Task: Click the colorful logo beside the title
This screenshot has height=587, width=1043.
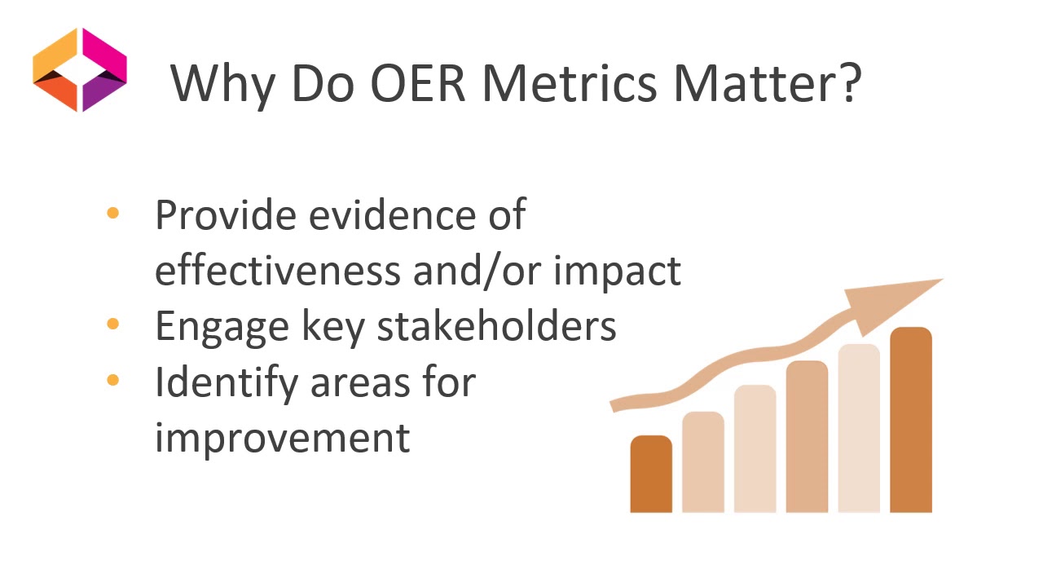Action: pos(80,69)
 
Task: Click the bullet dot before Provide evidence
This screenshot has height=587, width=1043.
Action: pos(112,214)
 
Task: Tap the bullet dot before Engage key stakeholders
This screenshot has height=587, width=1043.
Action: pos(112,324)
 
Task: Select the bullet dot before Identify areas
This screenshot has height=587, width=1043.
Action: pos(112,380)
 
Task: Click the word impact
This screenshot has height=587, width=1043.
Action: pos(617,271)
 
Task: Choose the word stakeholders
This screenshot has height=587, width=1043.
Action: pos(496,325)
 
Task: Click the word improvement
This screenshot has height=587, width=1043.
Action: pos(282,438)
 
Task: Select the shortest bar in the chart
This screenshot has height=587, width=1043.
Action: pos(651,474)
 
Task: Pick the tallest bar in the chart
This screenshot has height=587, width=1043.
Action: pos(910,420)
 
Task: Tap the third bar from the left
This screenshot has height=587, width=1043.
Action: pos(755,448)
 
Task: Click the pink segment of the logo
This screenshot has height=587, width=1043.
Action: pos(104,51)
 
